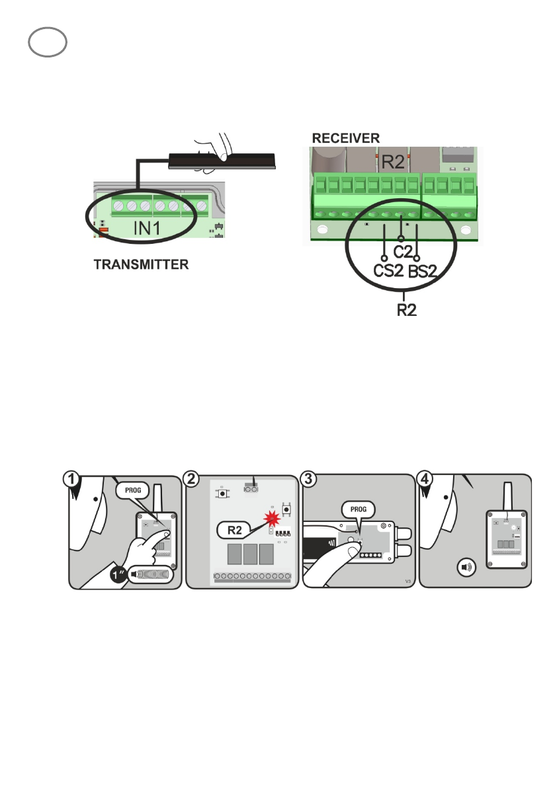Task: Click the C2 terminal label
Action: pyautogui.click(x=404, y=252)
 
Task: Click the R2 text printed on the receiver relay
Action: pyautogui.click(x=392, y=160)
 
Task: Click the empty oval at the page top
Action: pyautogui.click(x=48, y=44)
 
